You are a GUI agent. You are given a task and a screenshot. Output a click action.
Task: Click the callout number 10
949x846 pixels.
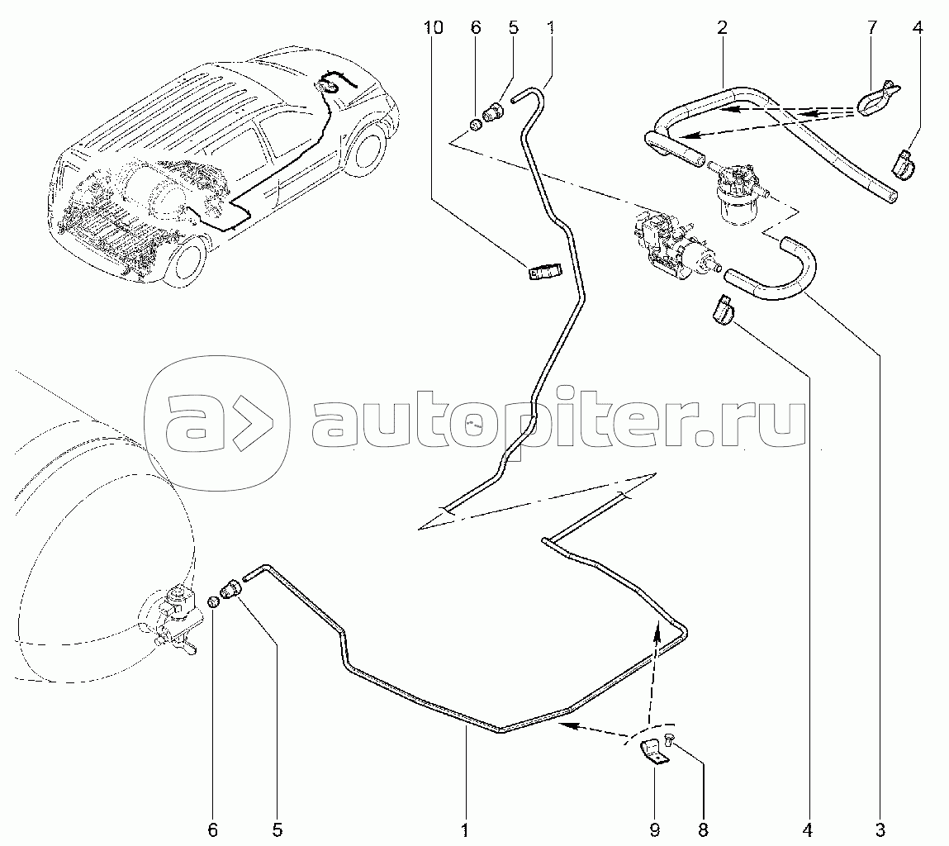(x=434, y=27)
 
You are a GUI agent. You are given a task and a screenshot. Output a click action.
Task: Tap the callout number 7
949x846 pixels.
(x=871, y=27)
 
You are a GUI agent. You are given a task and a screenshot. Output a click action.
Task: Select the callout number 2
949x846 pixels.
(x=722, y=27)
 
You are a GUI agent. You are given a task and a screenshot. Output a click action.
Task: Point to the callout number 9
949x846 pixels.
(x=654, y=829)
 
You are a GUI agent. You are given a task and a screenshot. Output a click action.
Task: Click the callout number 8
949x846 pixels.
(x=703, y=829)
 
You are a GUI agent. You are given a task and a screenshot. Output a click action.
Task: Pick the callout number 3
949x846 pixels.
(x=880, y=829)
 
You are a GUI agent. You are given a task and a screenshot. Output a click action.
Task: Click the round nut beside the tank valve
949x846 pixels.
(x=213, y=602)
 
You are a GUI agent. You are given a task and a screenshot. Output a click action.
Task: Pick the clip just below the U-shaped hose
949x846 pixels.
(x=719, y=308)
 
